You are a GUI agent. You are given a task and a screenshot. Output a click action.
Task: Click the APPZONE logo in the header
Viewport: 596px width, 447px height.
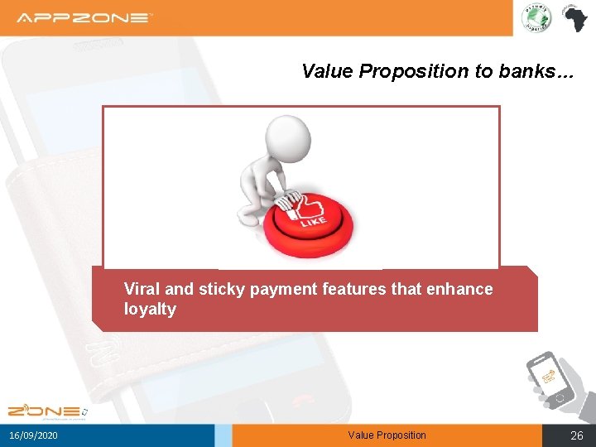click(84, 17)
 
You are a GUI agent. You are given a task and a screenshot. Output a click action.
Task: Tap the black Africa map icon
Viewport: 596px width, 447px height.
click(573, 17)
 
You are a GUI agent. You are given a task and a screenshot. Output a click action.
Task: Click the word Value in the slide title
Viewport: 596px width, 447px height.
click(328, 71)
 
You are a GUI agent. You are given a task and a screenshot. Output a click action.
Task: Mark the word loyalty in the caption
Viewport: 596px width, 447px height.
click(150, 310)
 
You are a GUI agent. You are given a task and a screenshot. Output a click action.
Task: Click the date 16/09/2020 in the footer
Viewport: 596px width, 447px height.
click(34, 435)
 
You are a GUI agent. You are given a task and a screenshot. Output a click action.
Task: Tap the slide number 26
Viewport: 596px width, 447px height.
click(577, 435)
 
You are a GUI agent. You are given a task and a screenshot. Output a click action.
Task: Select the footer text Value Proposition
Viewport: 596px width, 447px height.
click(387, 435)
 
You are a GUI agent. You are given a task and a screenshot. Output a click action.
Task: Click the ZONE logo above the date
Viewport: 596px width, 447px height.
click(46, 411)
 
